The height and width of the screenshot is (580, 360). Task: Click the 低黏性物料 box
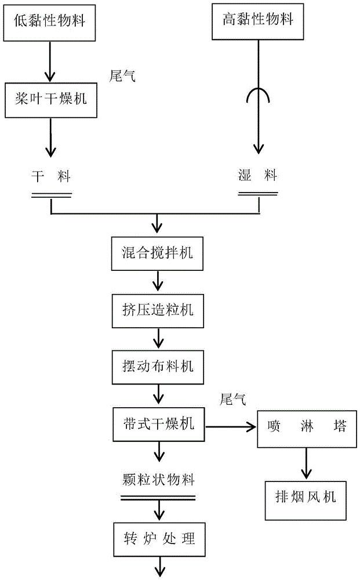click(51, 21)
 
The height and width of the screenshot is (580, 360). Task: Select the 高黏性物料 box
click(258, 21)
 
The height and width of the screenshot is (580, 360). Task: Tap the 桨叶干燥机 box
click(50, 99)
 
